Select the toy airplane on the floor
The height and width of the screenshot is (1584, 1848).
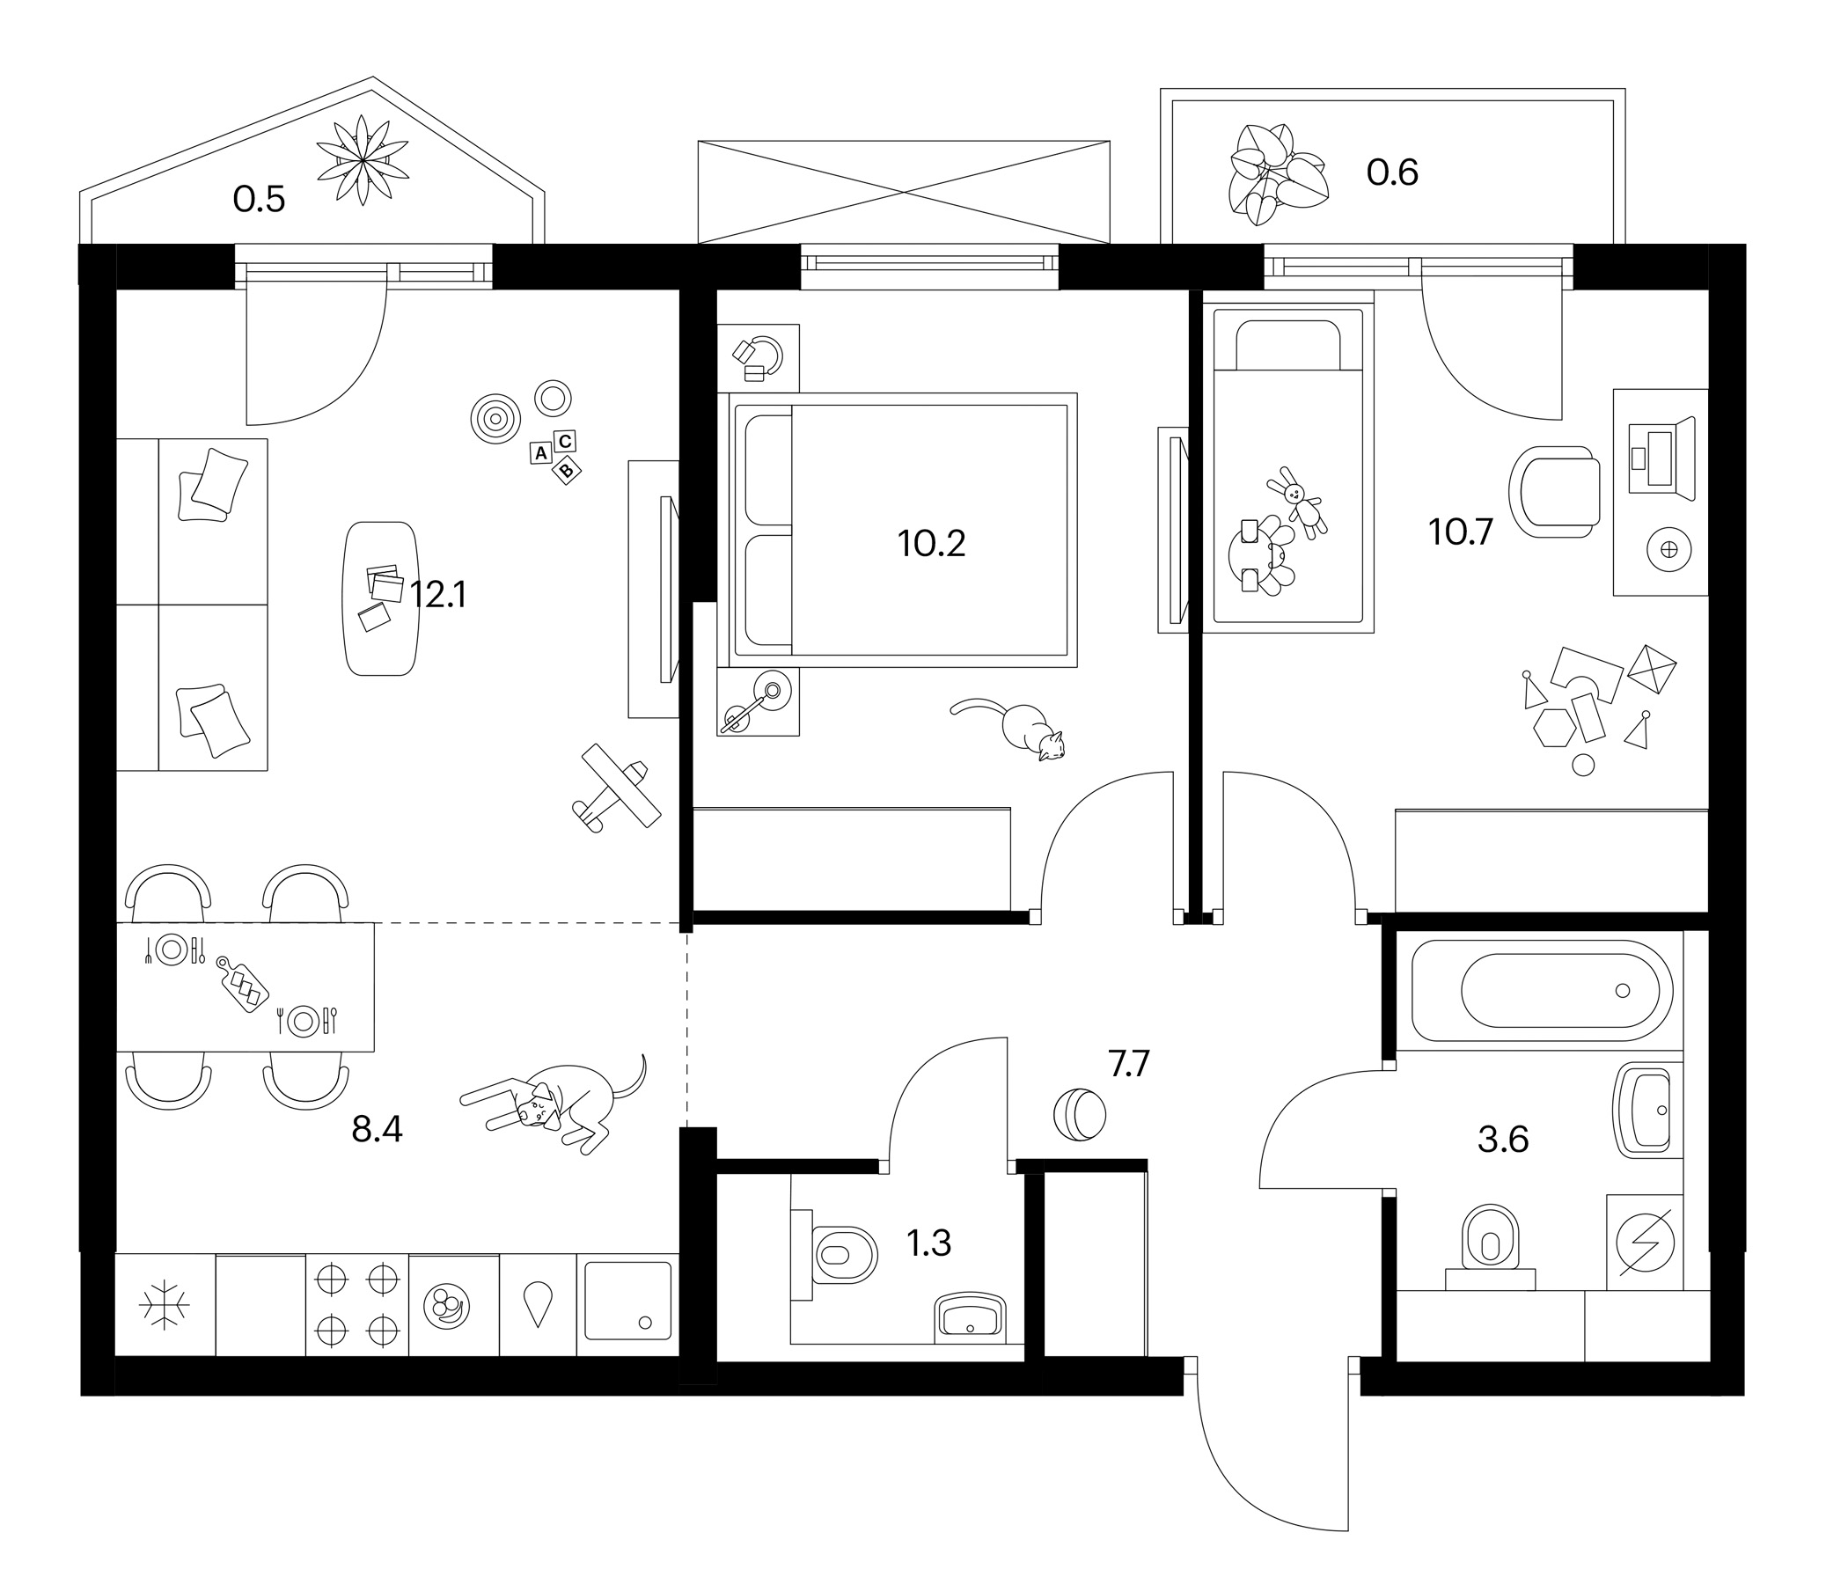coord(615,788)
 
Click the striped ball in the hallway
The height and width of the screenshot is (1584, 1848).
coord(1079,1115)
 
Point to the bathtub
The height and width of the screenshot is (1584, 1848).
coord(1542,991)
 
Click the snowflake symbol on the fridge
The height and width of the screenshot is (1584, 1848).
coord(165,1307)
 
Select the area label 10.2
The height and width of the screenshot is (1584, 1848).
coord(931,542)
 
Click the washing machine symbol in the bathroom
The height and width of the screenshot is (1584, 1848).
coord(1645,1243)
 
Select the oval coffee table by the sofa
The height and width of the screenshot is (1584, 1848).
coord(381,598)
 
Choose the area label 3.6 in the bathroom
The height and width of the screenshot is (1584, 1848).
coord(1503,1140)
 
